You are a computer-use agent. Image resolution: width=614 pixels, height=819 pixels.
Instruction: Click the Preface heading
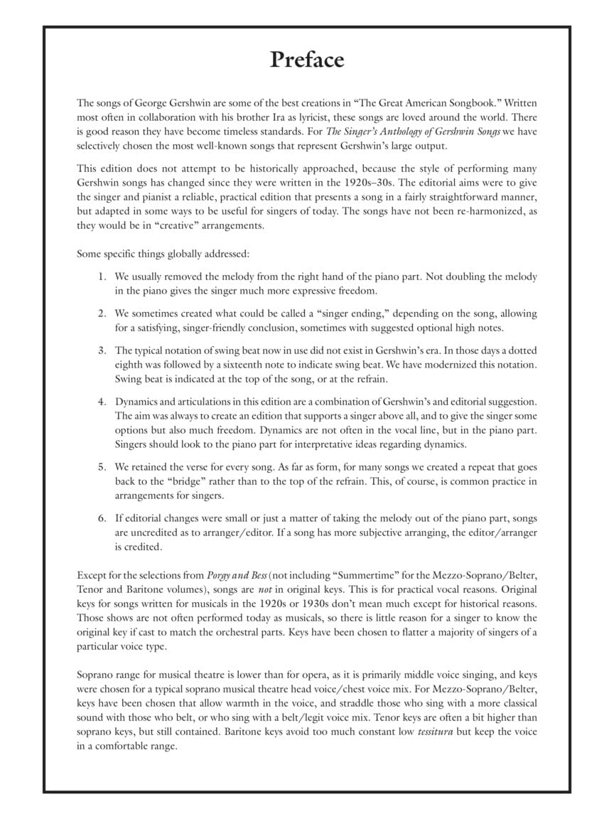[x=307, y=60]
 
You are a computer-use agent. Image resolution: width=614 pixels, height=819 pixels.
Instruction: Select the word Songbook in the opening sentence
[x=473, y=103]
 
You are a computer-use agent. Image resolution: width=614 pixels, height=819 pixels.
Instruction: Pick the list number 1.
[x=102, y=277]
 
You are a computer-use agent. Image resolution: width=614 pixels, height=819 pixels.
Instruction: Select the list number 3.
[x=102, y=350]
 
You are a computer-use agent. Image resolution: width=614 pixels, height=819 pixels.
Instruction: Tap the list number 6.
[x=102, y=518]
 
